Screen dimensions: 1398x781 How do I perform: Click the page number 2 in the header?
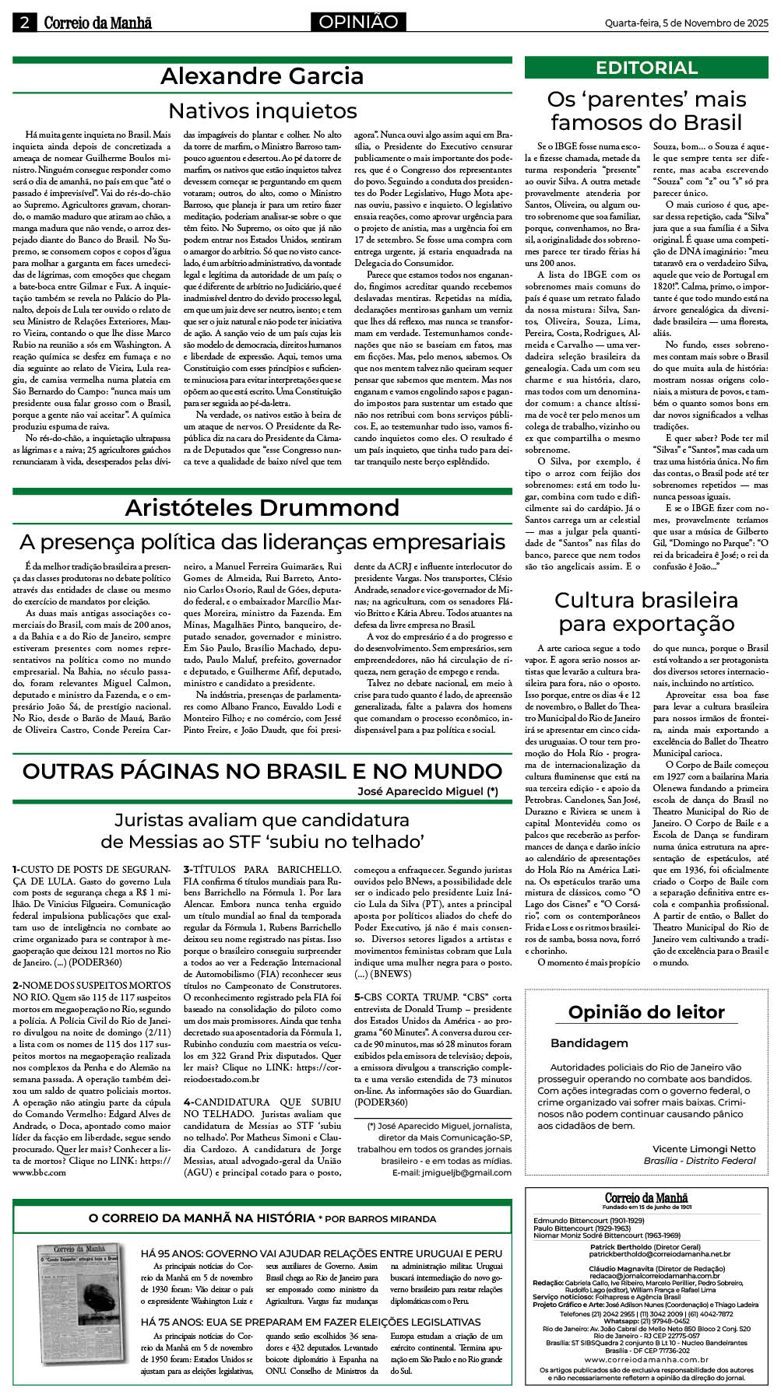click(25, 23)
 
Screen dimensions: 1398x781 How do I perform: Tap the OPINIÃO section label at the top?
click(358, 23)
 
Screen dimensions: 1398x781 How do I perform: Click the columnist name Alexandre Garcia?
click(262, 76)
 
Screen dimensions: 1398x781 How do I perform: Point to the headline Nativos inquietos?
click(262, 110)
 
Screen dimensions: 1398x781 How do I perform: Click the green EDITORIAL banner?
click(646, 68)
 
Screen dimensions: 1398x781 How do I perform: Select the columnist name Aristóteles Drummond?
click(262, 508)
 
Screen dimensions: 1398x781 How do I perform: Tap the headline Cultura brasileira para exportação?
click(646, 611)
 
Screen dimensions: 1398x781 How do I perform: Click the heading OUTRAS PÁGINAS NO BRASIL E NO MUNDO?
click(262, 771)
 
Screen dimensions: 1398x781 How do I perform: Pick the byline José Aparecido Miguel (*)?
click(427, 791)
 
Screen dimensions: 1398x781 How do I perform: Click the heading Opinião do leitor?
click(646, 1012)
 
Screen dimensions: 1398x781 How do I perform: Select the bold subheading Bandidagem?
click(589, 1042)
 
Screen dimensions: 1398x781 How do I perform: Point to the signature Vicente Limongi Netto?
click(703, 1148)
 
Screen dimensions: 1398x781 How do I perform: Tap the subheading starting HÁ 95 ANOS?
click(322, 1253)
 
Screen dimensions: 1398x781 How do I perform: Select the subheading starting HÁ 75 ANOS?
click(311, 1321)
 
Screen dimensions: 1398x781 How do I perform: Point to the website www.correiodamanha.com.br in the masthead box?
click(646, 1359)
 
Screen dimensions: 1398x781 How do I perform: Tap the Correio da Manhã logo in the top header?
click(97, 23)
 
